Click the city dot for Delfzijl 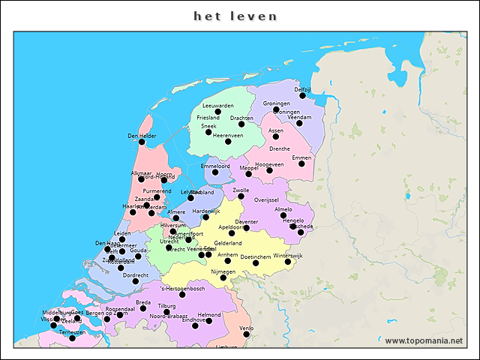tap(302, 96)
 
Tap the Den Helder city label tap(142, 136)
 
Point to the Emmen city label tap(301, 157)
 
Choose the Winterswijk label tap(287, 256)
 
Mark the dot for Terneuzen tap(72, 338)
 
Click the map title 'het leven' tap(235, 16)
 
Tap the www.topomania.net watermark tap(424, 341)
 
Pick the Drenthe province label tap(279, 149)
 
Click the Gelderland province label tap(228, 243)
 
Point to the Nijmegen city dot tap(223, 277)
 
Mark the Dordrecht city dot tap(136, 281)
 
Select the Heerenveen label tap(228, 136)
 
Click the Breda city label tap(143, 302)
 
